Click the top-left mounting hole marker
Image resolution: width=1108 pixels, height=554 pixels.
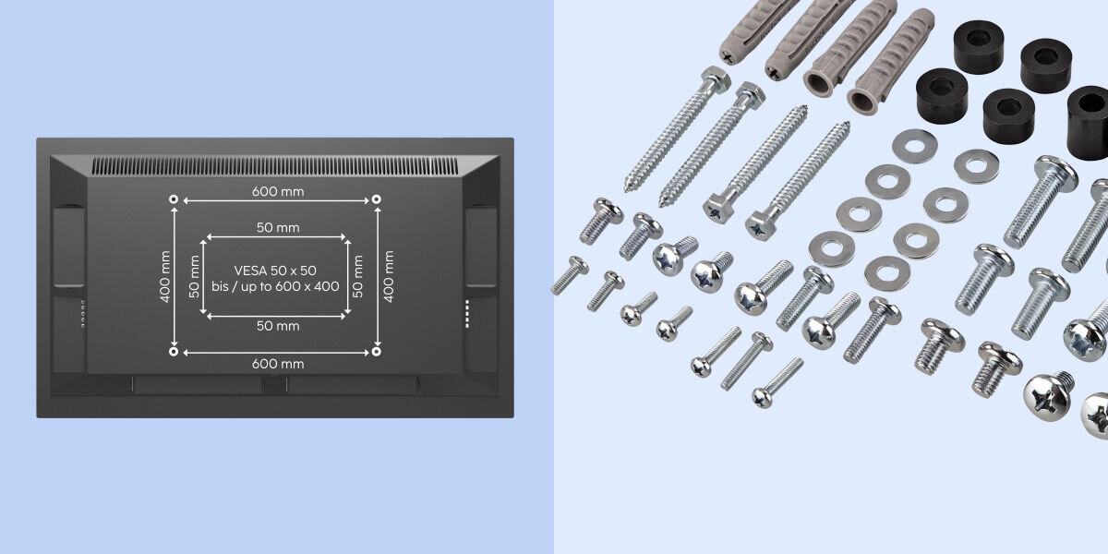pyautogui.click(x=174, y=199)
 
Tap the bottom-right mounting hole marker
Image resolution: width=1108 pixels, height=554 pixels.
pyautogui.click(x=377, y=352)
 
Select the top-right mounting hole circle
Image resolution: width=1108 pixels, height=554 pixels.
pyautogui.click(x=377, y=199)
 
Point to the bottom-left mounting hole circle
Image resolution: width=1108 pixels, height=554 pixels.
pyautogui.click(x=174, y=352)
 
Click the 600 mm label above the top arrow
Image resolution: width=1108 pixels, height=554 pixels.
pyautogui.click(x=278, y=191)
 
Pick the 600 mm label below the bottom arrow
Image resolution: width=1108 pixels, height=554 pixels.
pyautogui.click(x=278, y=364)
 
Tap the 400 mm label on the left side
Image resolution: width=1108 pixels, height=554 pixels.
pyautogui.click(x=165, y=276)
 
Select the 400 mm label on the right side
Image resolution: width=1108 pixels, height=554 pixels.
pyautogui.click(x=390, y=276)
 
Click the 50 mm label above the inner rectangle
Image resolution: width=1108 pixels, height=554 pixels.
pyautogui.click(x=278, y=227)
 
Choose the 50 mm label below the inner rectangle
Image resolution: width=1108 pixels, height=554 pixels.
pyautogui.click(x=278, y=326)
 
